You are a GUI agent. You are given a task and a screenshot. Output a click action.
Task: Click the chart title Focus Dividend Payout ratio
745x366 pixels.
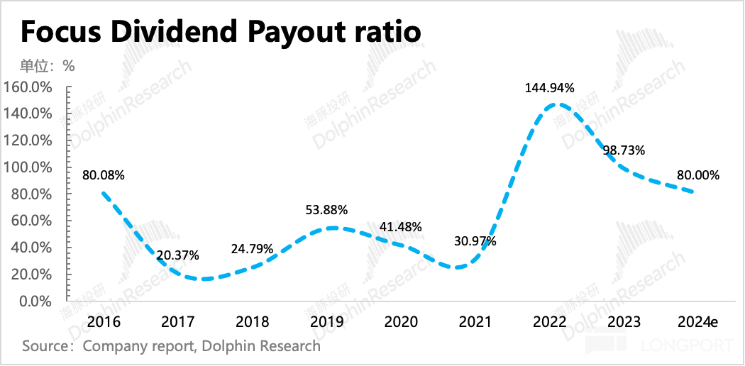221,33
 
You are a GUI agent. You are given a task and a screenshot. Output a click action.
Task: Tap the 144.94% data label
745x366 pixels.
550,88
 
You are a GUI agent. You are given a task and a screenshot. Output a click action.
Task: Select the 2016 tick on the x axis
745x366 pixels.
104,322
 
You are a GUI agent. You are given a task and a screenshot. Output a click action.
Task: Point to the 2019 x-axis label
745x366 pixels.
327,322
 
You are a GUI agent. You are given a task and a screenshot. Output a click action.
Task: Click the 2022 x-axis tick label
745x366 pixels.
550,322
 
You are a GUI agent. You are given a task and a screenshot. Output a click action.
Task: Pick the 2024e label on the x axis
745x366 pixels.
697,322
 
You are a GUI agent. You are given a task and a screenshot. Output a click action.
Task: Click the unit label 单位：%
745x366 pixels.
47,66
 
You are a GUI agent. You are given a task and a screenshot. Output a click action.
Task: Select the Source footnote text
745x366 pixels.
171,346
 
